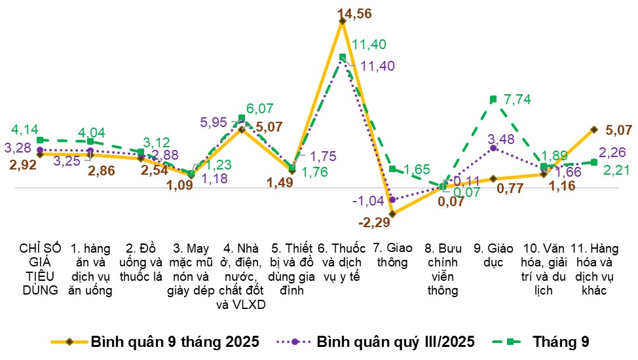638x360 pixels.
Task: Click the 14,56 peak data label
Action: (354, 12)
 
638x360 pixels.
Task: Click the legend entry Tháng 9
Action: (561, 342)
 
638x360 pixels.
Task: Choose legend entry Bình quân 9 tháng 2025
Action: (174, 342)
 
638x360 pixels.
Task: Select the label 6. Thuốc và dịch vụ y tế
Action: (341, 262)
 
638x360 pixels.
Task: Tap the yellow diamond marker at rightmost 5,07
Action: (594, 130)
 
